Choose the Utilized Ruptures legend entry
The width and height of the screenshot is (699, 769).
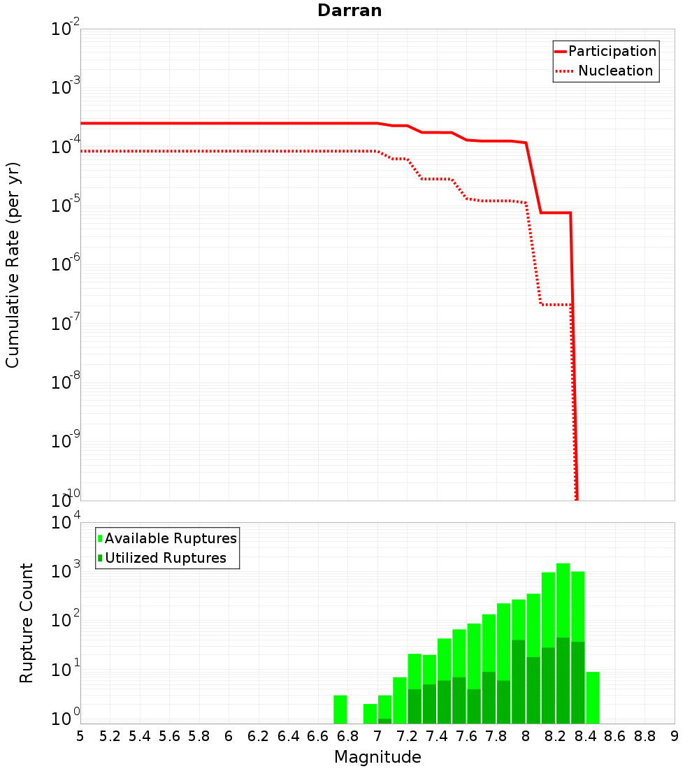point(165,558)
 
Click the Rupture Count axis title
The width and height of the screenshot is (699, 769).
point(27,622)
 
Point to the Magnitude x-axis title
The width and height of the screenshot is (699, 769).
point(377,757)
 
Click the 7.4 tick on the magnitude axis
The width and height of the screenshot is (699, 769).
point(437,736)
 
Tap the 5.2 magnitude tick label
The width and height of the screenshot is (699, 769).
point(110,736)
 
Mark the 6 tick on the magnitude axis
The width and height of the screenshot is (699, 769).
point(229,736)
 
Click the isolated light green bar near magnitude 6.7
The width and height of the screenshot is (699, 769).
point(340,710)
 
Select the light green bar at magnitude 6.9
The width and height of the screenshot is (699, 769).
point(370,714)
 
